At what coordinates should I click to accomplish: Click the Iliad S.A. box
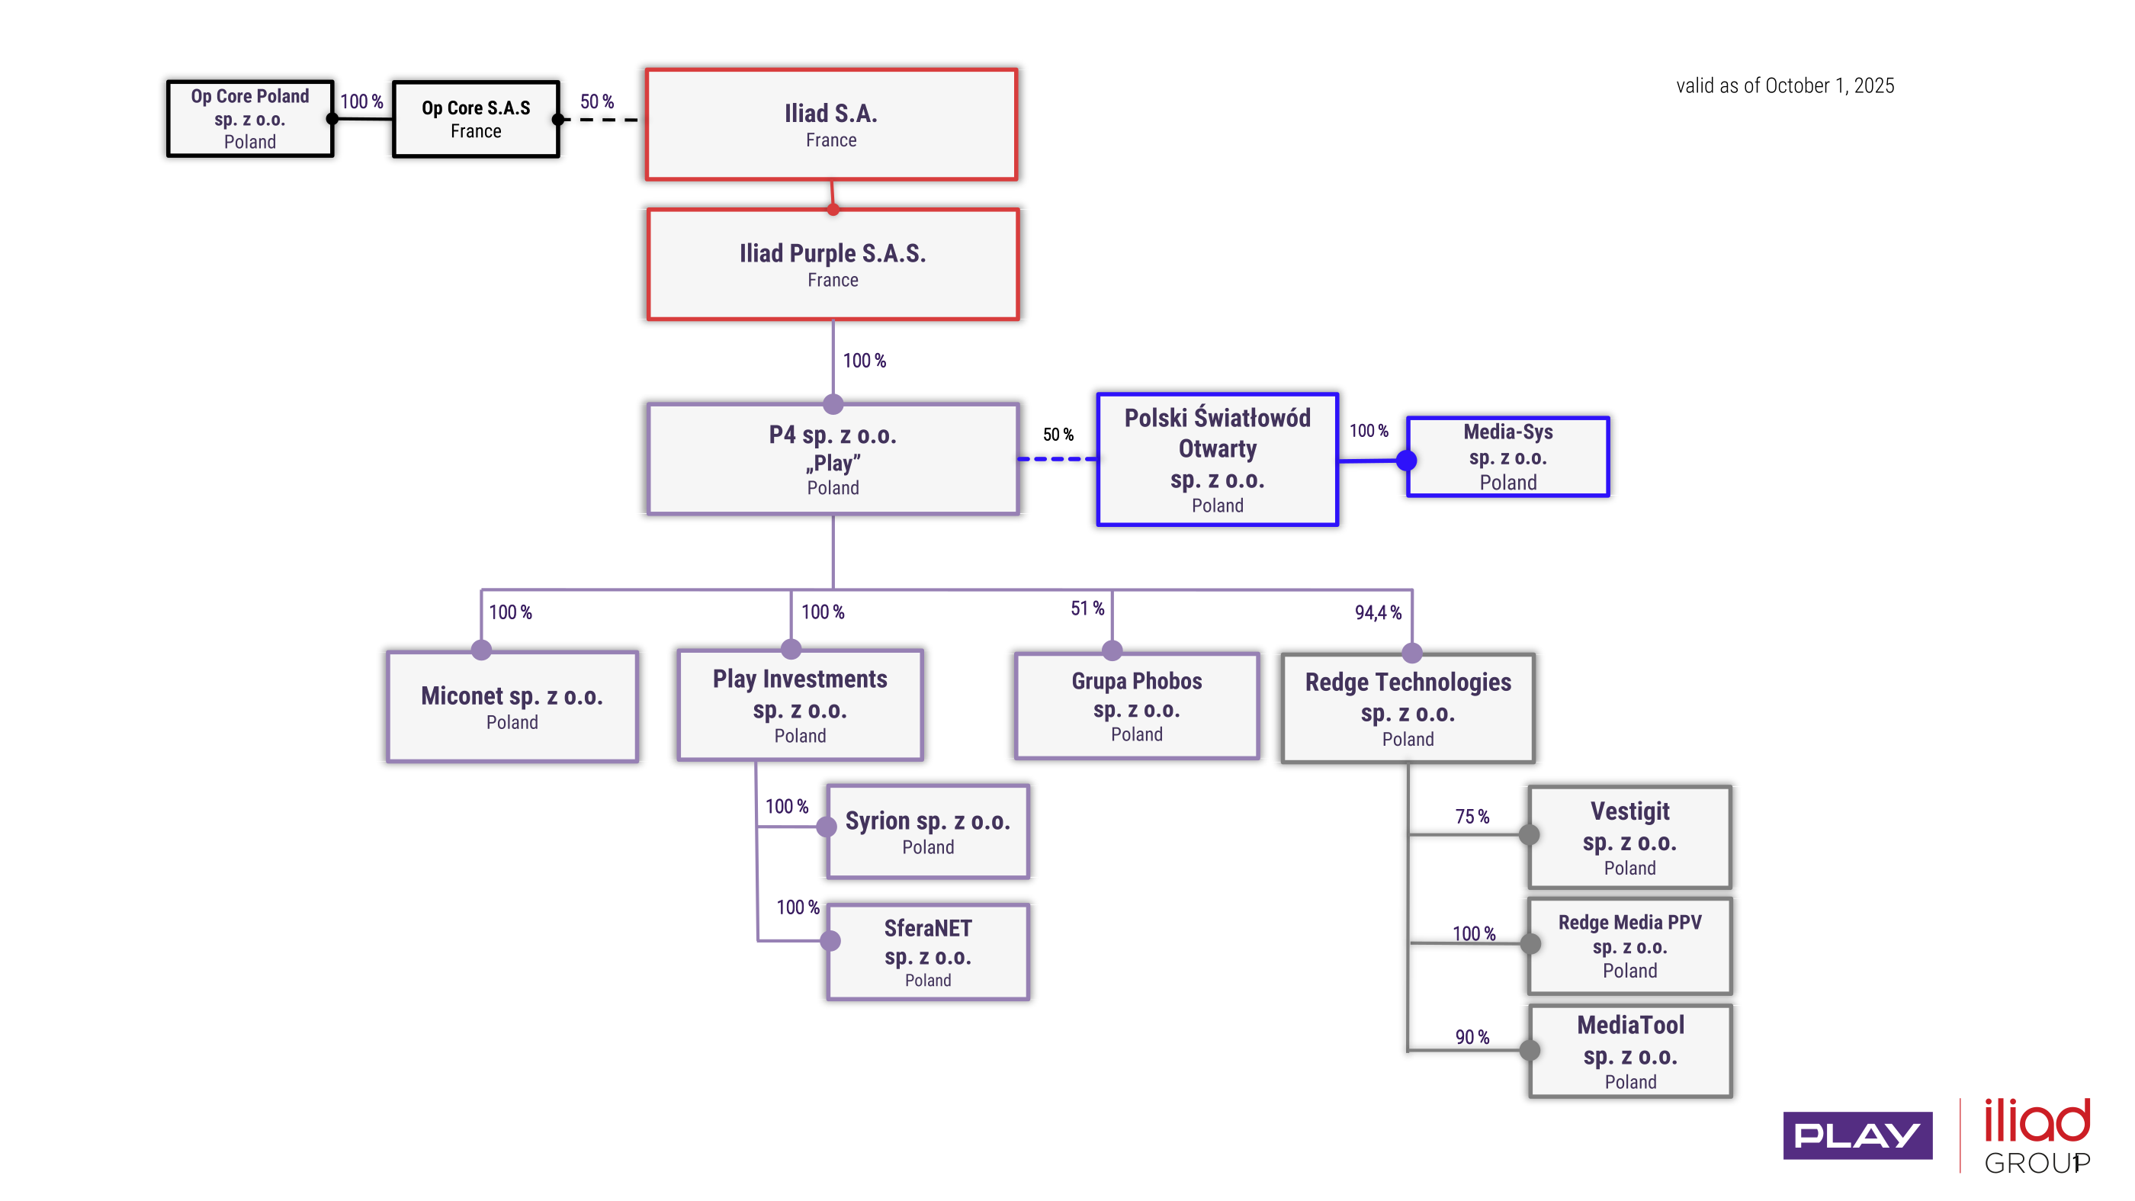pyautogui.click(x=831, y=124)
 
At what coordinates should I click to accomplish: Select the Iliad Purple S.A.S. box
pyautogui.click(x=833, y=264)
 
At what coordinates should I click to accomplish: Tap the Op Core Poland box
pyautogui.click(x=249, y=118)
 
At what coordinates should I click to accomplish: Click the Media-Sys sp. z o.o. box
pyautogui.click(x=1507, y=457)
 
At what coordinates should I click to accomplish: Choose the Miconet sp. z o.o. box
pyautogui.click(x=512, y=707)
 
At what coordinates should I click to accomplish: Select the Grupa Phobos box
pyautogui.click(x=1136, y=706)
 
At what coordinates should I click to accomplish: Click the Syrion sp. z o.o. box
pyautogui.click(x=927, y=831)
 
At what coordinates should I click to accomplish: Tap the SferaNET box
pyautogui.click(x=927, y=952)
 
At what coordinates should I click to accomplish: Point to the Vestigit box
pyautogui.click(x=1629, y=837)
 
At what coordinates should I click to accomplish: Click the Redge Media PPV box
pyautogui.click(x=1629, y=945)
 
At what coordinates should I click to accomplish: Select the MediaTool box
pyautogui.click(x=1629, y=1051)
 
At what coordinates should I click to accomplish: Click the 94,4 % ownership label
pyautogui.click(x=1378, y=612)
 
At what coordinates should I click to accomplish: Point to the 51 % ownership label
pyautogui.click(x=1087, y=609)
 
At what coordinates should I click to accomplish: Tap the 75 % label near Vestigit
pyautogui.click(x=1472, y=817)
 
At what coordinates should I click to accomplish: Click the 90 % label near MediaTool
pyautogui.click(x=1472, y=1037)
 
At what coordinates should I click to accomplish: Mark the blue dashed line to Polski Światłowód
pyautogui.click(x=1058, y=458)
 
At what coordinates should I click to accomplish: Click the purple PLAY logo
pyautogui.click(x=1857, y=1135)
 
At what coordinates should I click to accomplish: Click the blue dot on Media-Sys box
pyautogui.click(x=1407, y=460)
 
